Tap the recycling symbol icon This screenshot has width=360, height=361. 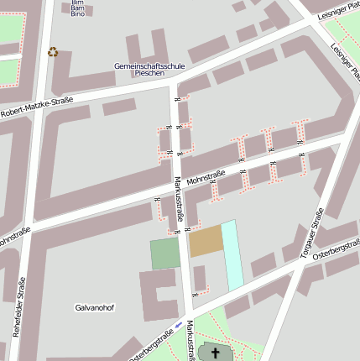coord(54,52)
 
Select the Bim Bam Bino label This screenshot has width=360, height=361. coord(77,8)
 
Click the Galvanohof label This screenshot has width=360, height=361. coord(94,307)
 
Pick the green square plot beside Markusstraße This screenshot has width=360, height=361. coord(165,254)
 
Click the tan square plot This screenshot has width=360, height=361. coord(206,242)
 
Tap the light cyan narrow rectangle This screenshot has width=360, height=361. coord(232,255)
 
